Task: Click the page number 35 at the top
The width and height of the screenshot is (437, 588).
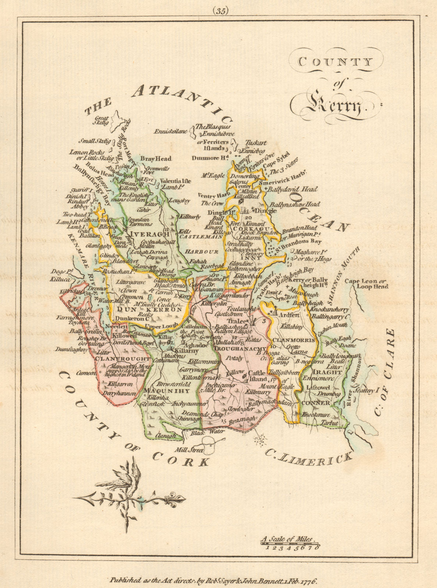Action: pos(220,11)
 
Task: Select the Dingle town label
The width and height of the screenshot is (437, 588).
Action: pos(265,211)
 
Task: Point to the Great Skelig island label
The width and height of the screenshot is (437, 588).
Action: pos(102,121)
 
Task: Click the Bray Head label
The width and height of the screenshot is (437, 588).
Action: pos(156,159)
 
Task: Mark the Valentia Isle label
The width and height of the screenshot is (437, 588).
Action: pos(176,181)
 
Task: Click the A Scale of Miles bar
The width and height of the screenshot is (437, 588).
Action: pos(290,542)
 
